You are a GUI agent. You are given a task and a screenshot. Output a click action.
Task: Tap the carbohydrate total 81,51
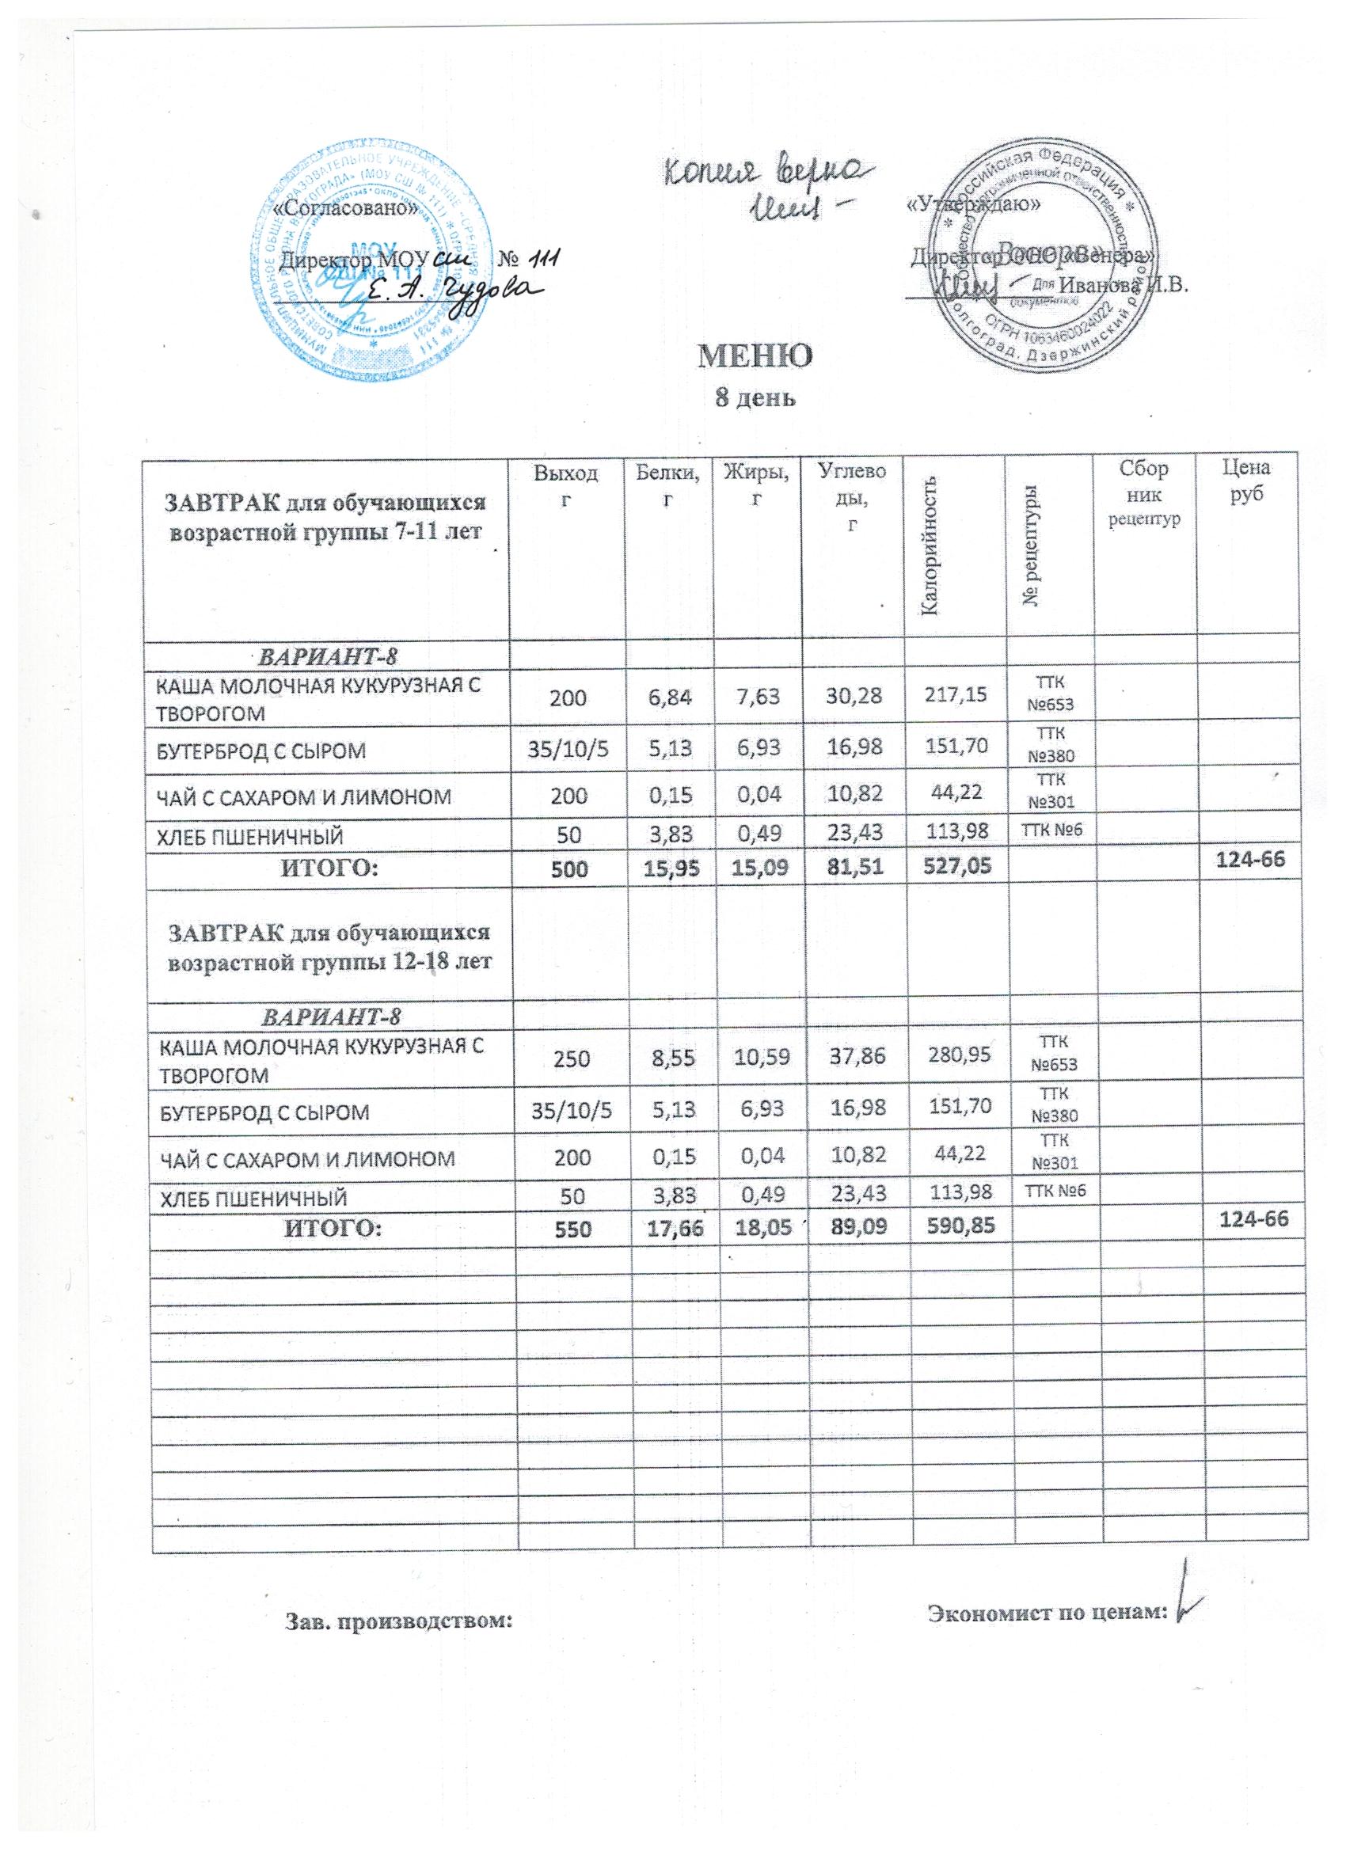tap(852, 867)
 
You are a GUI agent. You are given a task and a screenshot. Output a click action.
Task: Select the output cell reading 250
tap(573, 1055)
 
